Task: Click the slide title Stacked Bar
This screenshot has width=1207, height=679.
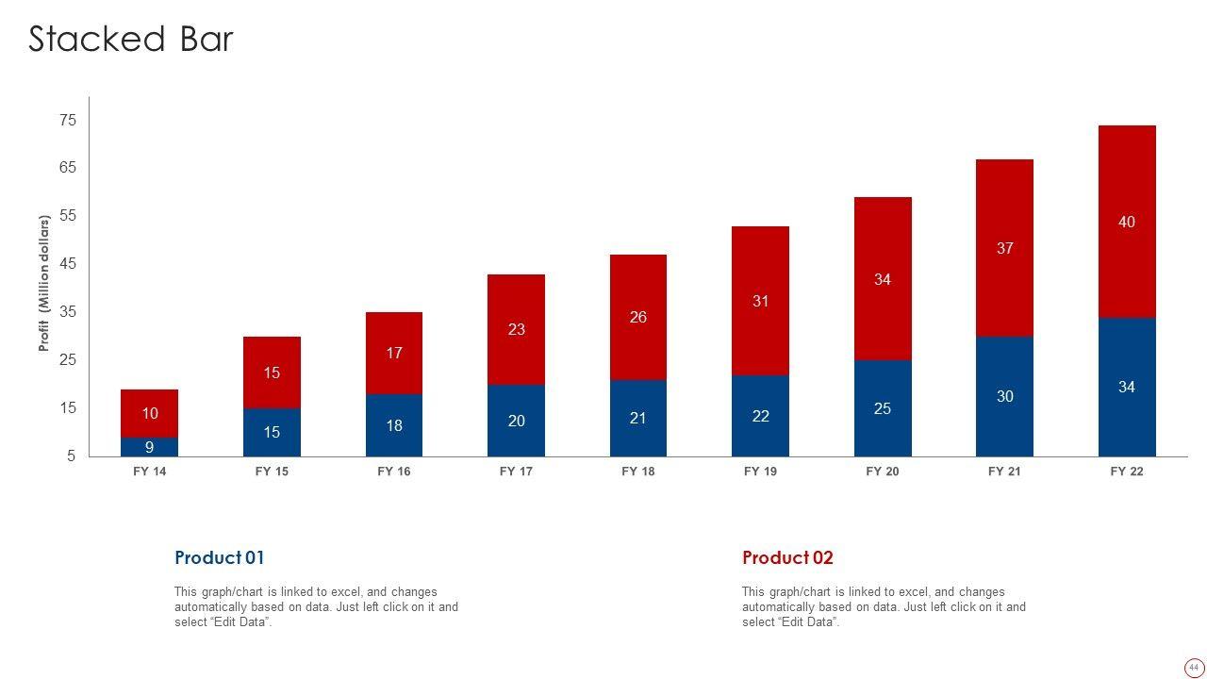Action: pyautogui.click(x=131, y=40)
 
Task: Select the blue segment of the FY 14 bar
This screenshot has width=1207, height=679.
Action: pyautogui.click(x=149, y=447)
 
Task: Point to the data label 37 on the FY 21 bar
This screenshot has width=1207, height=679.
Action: pyautogui.click(x=1005, y=248)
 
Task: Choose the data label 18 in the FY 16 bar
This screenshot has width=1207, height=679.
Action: pyautogui.click(x=394, y=425)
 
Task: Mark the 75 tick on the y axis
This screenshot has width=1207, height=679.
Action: pyautogui.click(x=68, y=120)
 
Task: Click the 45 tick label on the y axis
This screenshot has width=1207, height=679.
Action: pyautogui.click(x=68, y=264)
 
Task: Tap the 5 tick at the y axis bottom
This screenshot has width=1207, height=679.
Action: pyautogui.click(x=71, y=455)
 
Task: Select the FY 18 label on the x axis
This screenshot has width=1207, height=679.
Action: pyautogui.click(x=638, y=472)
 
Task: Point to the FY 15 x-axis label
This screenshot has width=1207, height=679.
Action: pyautogui.click(x=272, y=472)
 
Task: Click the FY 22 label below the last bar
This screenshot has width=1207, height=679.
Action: pyautogui.click(x=1127, y=472)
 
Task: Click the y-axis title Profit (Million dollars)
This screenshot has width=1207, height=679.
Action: pyautogui.click(x=43, y=284)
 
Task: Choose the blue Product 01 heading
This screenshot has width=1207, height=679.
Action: pyautogui.click(x=220, y=557)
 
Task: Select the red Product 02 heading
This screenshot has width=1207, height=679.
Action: pyautogui.click(x=787, y=557)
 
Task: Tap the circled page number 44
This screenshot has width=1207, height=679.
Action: pyautogui.click(x=1194, y=667)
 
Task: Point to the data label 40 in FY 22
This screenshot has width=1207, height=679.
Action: pyautogui.click(x=1127, y=222)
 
